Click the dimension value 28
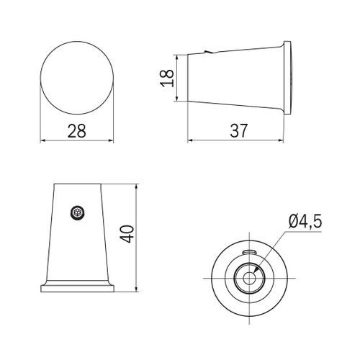click(76, 131)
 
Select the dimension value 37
click(238, 131)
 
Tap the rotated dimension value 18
click(167, 78)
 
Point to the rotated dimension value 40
click(127, 234)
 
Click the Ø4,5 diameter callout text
click(305, 222)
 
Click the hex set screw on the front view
click(78, 212)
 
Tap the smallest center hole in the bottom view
click(249, 279)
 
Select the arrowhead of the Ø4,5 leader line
click(256, 269)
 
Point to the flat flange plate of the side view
click(287, 78)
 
